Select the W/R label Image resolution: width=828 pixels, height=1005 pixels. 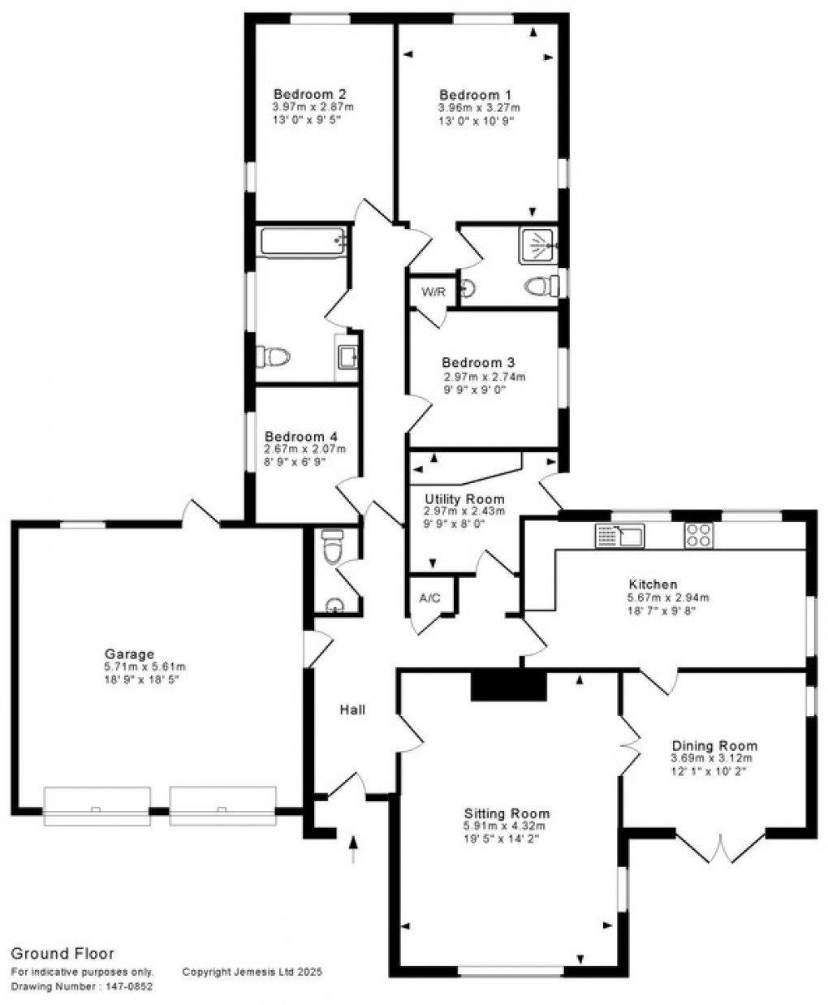click(x=433, y=292)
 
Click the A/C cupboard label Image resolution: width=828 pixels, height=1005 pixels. click(x=429, y=597)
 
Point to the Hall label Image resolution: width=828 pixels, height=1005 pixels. click(x=352, y=710)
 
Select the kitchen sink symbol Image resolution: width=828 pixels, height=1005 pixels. click(x=619, y=535)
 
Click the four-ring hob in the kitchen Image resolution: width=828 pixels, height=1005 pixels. click(x=700, y=534)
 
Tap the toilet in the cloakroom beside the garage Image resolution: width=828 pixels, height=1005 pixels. click(x=331, y=549)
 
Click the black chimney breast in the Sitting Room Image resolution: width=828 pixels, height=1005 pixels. click(x=509, y=685)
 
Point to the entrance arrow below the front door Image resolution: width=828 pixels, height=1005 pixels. click(x=353, y=850)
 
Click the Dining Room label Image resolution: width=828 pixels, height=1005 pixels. click(x=714, y=745)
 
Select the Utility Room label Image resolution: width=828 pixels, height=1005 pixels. click(x=464, y=498)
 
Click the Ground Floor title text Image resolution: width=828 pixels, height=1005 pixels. click(x=62, y=954)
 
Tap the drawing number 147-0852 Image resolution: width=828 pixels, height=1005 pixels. click(x=127, y=987)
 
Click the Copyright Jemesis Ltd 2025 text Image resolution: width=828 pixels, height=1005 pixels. click(x=252, y=971)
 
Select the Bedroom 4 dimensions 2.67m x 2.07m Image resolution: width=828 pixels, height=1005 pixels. click(x=305, y=448)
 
